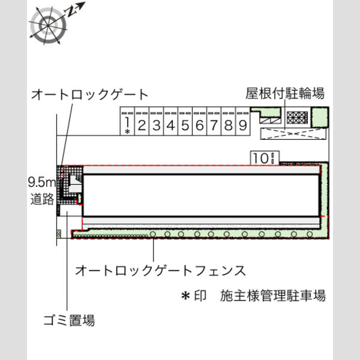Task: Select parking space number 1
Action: point(127,121)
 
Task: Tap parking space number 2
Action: point(142,121)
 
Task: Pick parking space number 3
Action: point(157,121)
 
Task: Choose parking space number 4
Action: point(171,121)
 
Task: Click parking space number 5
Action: point(185,121)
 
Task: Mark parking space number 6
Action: point(200,121)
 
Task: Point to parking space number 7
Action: point(214,121)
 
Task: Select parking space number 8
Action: point(229,121)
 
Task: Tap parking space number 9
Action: point(243,121)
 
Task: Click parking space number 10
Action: point(265,158)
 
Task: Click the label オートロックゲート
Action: point(89,95)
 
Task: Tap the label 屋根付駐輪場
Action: point(285,94)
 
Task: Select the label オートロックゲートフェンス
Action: point(160,271)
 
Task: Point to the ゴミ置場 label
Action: point(69,320)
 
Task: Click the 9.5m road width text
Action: point(42,182)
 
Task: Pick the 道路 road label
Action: point(42,199)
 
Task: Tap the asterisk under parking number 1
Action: point(127,131)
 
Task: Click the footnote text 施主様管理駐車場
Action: point(273,296)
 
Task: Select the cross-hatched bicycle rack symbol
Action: point(298,118)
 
